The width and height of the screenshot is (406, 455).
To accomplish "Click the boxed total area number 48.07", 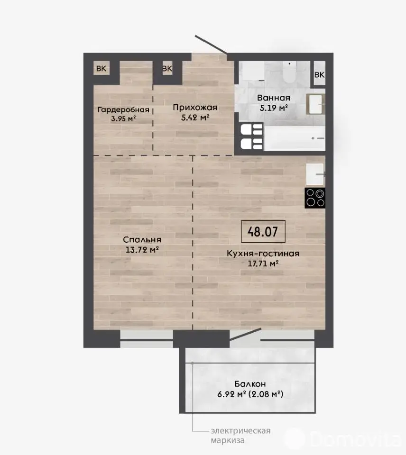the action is (263, 232).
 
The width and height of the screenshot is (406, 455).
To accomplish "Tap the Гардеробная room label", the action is (123, 109).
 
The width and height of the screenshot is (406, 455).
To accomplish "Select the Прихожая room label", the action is (195, 108).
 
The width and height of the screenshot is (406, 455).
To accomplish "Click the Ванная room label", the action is (274, 98).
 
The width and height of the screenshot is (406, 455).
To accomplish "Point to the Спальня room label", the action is (142, 240).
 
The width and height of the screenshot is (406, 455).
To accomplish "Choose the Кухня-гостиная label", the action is (263, 253).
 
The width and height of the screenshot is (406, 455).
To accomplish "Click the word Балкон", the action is (250, 384).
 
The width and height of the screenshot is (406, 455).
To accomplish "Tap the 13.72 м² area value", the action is (142, 250).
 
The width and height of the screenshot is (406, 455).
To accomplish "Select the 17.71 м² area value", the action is (263, 264).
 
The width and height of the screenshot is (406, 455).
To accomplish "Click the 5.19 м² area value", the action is (274, 108).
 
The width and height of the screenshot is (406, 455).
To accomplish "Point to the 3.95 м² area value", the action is (123, 118).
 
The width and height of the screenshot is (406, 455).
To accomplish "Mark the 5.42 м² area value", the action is (195, 118).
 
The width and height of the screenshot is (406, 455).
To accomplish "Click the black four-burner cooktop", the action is (315, 198).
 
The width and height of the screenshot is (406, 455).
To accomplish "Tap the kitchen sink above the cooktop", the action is (315, 174).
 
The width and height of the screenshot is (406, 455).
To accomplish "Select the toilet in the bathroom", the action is (289, 72).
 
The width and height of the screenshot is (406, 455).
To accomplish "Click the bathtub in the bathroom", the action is (295, 138).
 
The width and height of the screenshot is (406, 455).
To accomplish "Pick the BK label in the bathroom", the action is (320, 74).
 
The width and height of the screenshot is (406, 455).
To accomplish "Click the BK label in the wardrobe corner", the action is (101, 68).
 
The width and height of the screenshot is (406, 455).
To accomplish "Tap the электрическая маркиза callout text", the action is (241, 436).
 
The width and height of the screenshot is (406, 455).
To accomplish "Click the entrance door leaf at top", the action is (211, 45).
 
